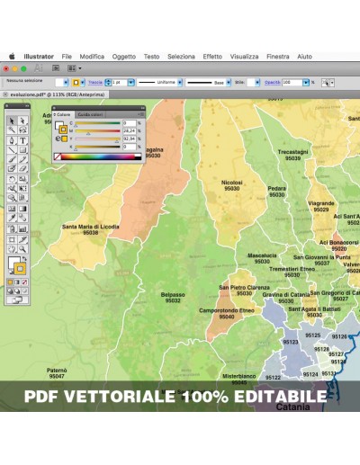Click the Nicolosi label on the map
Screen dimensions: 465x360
[232, 183]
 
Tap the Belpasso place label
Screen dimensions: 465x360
[173, 295]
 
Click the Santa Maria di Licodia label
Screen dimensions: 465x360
[90, 227]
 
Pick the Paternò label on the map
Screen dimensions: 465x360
[57, 370]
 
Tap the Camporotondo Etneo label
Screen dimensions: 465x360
[227, 310]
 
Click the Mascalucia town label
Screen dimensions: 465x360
[262, 255]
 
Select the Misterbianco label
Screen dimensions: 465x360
[239, 376]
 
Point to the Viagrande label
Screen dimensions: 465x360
[321, 203]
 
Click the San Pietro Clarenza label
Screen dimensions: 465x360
[244, 288]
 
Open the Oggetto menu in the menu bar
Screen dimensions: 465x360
[124, 56]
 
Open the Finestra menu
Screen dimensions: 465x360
[278, 56]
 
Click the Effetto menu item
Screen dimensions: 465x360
[212, 56]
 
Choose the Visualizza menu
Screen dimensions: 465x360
[244, 56]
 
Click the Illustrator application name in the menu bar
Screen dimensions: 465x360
[39, 56]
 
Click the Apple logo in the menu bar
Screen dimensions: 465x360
[13, 56]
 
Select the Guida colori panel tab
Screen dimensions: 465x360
[90, 115]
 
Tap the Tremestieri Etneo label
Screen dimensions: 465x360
[292, 268]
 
